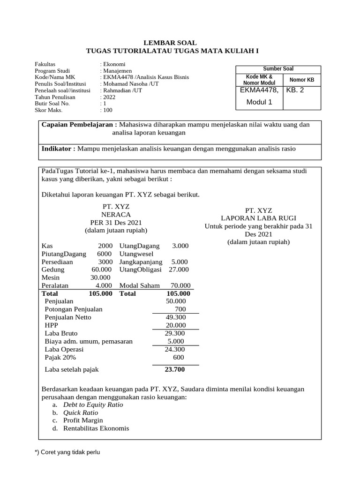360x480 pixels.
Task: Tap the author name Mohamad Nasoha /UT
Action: tap(129, 84)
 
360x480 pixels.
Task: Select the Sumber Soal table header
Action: tap(278, 69)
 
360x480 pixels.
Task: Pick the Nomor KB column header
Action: tap(302, 80)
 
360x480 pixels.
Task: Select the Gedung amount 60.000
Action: tap(101, 270)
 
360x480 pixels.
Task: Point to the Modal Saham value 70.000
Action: tap(180, 285)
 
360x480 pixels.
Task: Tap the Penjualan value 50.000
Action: tap(176, 301)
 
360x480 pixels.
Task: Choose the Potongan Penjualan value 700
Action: tap(180, 309)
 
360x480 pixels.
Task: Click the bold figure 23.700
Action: tap(174, 369)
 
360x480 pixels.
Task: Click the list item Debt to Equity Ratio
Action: tap(93, 405)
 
